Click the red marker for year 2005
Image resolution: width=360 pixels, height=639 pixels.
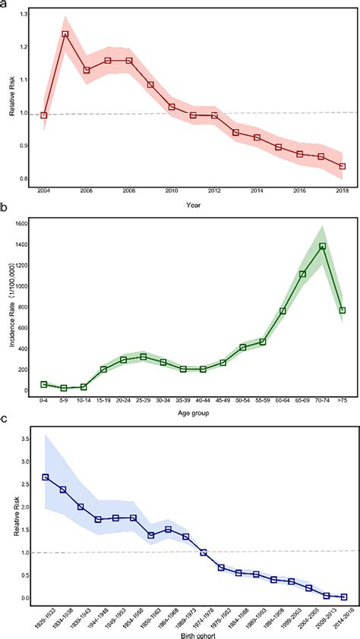(x=65, y=34)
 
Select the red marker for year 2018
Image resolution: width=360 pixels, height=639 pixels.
(x=343, y=166)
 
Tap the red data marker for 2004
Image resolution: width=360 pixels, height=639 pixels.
(x=44, y=115)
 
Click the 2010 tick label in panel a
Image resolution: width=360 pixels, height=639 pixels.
(x=172, y=191)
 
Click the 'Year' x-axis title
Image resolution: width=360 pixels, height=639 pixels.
(x=194, y=204)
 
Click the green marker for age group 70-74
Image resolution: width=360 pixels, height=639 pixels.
(x=322, y=246)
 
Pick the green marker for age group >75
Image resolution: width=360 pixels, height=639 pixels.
(x=343, y=310)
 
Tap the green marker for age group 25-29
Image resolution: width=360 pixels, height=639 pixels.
(x=143, y=357)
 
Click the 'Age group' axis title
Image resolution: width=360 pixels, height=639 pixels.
(x=194, y=414)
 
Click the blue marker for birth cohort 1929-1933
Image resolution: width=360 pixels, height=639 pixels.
(x=46, y=477)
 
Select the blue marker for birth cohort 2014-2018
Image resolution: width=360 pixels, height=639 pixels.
(x=343, y=597)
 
